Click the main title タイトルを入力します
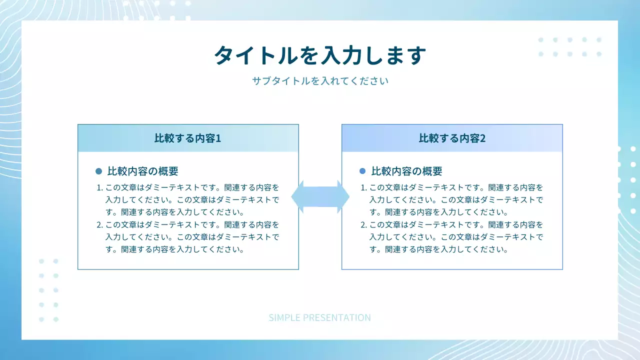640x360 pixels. [x=320, y=55]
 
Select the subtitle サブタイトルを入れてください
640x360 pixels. [x=320, y=80]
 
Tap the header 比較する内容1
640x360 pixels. [x=187, y=138]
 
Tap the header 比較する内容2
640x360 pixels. [x=452, y=138]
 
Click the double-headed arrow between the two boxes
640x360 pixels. [x=320, y=196]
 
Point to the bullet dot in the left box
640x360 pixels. [x=98, y=171]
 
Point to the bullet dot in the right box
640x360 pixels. [x=362, y=171]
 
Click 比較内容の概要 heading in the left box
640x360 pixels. [x=142, y=171]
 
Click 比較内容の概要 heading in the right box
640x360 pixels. [x=406, y=171]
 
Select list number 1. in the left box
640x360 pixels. [x=99, y=188]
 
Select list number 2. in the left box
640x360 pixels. [x=99, y=224]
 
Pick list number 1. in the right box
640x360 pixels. [x=363, y=188]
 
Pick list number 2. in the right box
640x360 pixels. [x=363, y=224]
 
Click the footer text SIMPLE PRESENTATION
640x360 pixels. [x=319, y=317]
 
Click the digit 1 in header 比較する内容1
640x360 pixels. [x=218, y=138]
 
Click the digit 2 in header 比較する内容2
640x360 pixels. [x=482, y=138]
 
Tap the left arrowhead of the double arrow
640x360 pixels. [x=297, y=196]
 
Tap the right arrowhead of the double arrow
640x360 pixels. [x=343, y=196]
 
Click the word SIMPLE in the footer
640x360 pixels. [x=284, y=317]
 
